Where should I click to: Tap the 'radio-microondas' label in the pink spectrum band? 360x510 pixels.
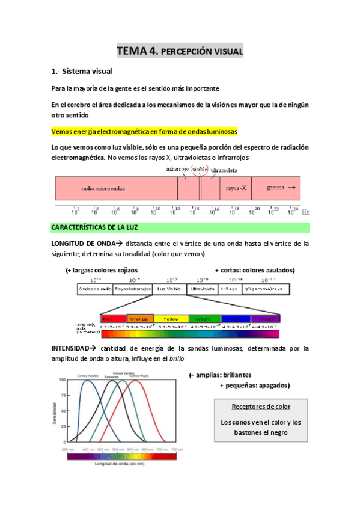(x=103, y=188)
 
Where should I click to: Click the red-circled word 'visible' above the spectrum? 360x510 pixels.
(x=200, y=170)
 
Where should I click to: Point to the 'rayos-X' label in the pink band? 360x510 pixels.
(x=236, y=188)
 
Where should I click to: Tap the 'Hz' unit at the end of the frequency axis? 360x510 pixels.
(x=305, y=212)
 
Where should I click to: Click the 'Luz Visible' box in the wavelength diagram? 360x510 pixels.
(x=169, y=289)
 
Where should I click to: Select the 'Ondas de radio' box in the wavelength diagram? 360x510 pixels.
(x=95, y=289)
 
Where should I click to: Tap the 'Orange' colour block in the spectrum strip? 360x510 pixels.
(x=138, y=319)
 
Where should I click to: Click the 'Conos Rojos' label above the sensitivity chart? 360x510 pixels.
(x=139, y=376)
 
